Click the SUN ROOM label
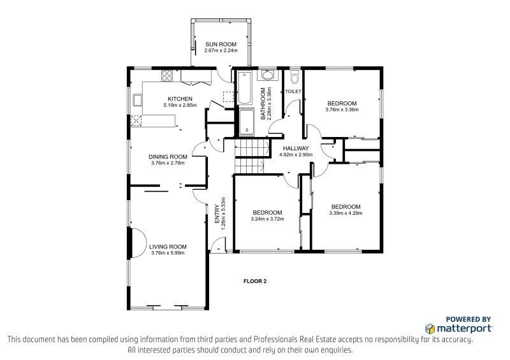(x=221, y=44)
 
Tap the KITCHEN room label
(x=180, y=99)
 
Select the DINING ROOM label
(x=168, y=157)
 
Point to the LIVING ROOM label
(x=168, y=247)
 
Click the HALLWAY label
(x=295, y=148)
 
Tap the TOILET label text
(x=293, y=92)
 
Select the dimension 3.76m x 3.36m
(x=342, y=110)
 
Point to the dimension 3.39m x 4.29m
(x=346, y=213)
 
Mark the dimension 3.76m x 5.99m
(x=168, y=253)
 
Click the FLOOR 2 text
(x=255, y=281)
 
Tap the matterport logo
(x=458, y=328)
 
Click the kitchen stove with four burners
(x=167, y=76)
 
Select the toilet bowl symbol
(x=293, y=78)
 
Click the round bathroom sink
(x=267, y=76)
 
